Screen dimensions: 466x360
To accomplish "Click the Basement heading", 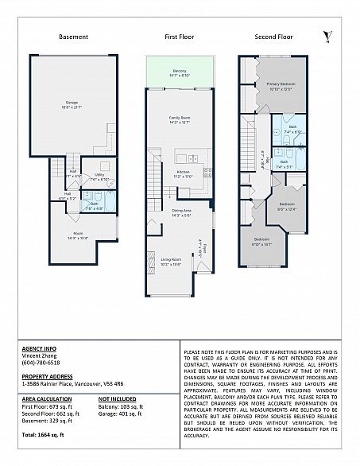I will coord(73,37).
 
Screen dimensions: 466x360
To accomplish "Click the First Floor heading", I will coord(180,37).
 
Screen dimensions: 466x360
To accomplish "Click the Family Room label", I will coord(180,119).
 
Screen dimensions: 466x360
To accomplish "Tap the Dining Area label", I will coord(180,212).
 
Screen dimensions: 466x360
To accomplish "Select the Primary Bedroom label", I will coord(281,85).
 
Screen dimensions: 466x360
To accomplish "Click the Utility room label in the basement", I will coord(99,177).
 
